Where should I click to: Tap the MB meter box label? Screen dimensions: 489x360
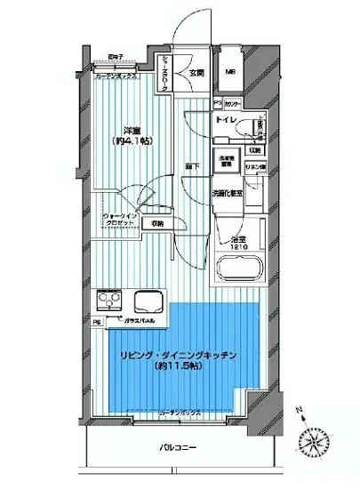click(228, 72)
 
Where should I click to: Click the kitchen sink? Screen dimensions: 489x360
click(145, 300)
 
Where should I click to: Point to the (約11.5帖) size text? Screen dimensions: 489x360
click(180, 367)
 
